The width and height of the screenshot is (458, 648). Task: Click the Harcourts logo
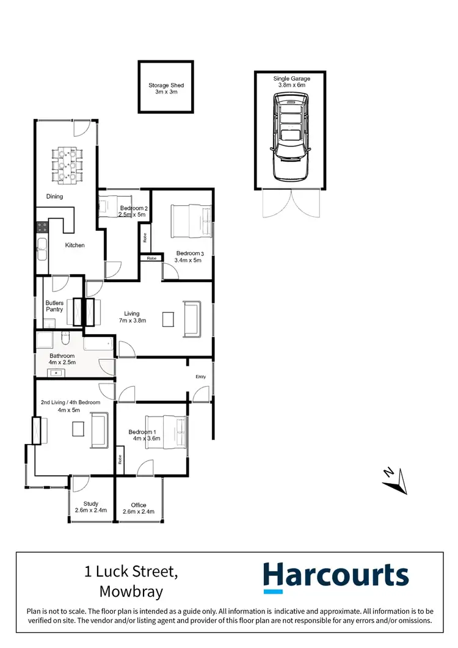[336, 577]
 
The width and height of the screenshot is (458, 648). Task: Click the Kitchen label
[75, 245]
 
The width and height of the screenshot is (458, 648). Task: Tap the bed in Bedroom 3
[192, 222]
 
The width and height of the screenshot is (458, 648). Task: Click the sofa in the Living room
[192, 318]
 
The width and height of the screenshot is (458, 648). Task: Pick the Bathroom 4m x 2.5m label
[62, 359]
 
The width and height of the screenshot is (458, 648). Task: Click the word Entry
[201, 377]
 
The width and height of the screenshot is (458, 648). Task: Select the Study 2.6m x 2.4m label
[91, 507]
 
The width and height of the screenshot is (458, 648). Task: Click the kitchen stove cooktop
[43, 227]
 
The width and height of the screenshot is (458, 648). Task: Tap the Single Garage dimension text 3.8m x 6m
[291, 86]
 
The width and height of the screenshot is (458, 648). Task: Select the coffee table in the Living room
[168, 319]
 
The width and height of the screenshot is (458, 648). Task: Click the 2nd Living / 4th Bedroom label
[69, 406]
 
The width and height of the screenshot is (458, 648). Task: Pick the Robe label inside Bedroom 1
[120, 460]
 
